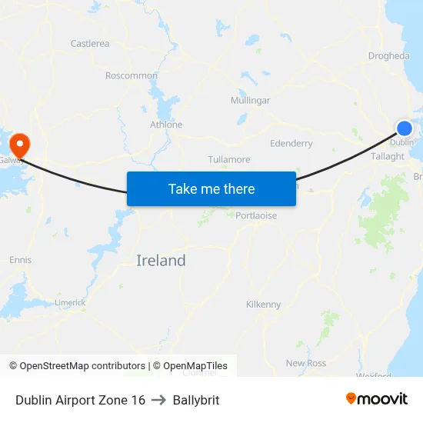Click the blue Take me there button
(x=211, y=188)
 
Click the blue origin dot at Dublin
(x=405, y=128)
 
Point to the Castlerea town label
(x=89, y=44)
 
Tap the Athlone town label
(x=166, y=125)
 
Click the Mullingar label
(x=250, y=101)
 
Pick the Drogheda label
(x=388, y=56)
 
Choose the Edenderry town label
(x=291, y=143)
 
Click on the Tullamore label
(x=229, y=160)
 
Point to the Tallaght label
(x=388, y=156)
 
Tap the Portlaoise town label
(x=256, y=216)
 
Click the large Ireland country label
(x=161, y=261)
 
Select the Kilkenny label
(x=263, y=305)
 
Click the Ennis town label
(x=21, y=260)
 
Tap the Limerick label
(x=70, y=303)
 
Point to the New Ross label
(x=306, y=363)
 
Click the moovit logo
(x=377, y=399)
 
